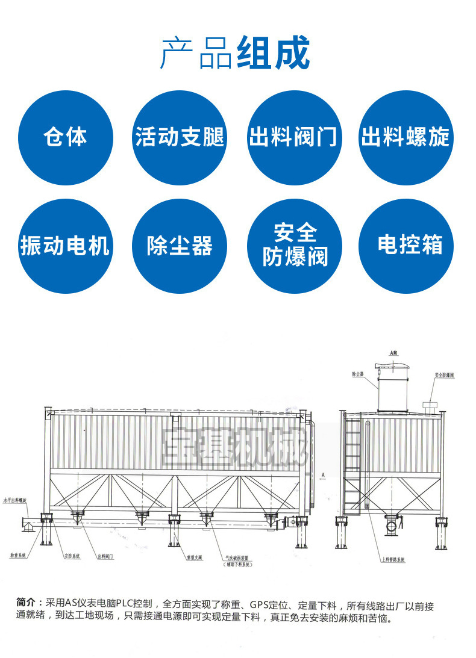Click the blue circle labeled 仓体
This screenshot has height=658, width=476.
(x=65, y=138)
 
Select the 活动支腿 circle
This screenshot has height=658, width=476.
(x=180, y=138)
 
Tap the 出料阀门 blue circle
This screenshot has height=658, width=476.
(x=295, y=138)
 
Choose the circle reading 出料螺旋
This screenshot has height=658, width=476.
(x=406, y=138)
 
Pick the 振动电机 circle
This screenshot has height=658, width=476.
(x=65, y=246)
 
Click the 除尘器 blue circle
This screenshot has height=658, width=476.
(x=180, y=246)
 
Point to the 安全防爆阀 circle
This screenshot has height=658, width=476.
(x=295, y=246)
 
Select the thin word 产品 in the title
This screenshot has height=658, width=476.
(x=196, y=54)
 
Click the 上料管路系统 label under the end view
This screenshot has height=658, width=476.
(x=393, y=559)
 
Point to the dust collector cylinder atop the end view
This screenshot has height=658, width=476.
(x=395, y=385)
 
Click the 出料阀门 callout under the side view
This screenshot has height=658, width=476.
(x=106, y=557)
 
